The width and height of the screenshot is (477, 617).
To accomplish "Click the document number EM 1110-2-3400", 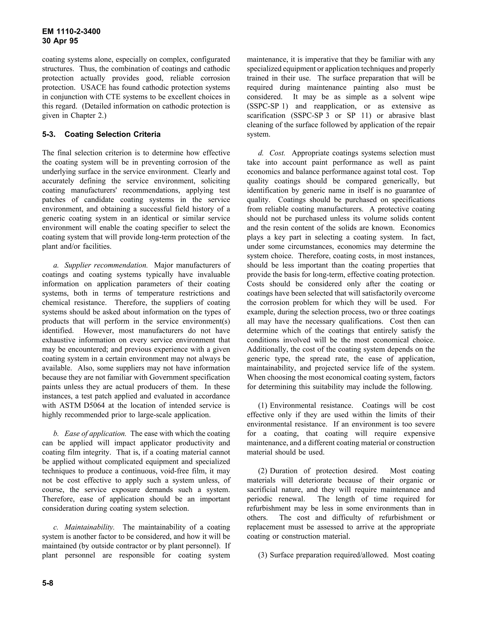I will (x=71, y=32).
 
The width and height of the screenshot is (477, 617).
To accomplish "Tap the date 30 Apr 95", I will (x=60, y=41).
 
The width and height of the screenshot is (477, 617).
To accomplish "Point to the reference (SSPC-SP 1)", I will (x=267, y=106).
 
